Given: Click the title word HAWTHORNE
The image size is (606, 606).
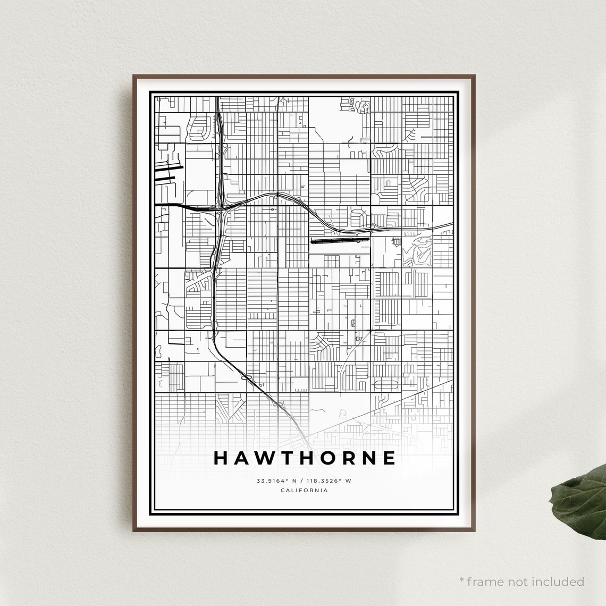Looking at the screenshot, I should coord(305,458).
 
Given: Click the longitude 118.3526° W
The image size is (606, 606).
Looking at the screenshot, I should coord(330,481).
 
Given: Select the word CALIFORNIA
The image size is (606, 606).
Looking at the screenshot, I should coord(304,490).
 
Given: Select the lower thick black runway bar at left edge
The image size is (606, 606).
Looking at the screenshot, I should coord(168,179).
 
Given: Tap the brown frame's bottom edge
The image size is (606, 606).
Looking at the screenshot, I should coord(304,529).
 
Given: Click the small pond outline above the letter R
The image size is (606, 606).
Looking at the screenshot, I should coord(342,412).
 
